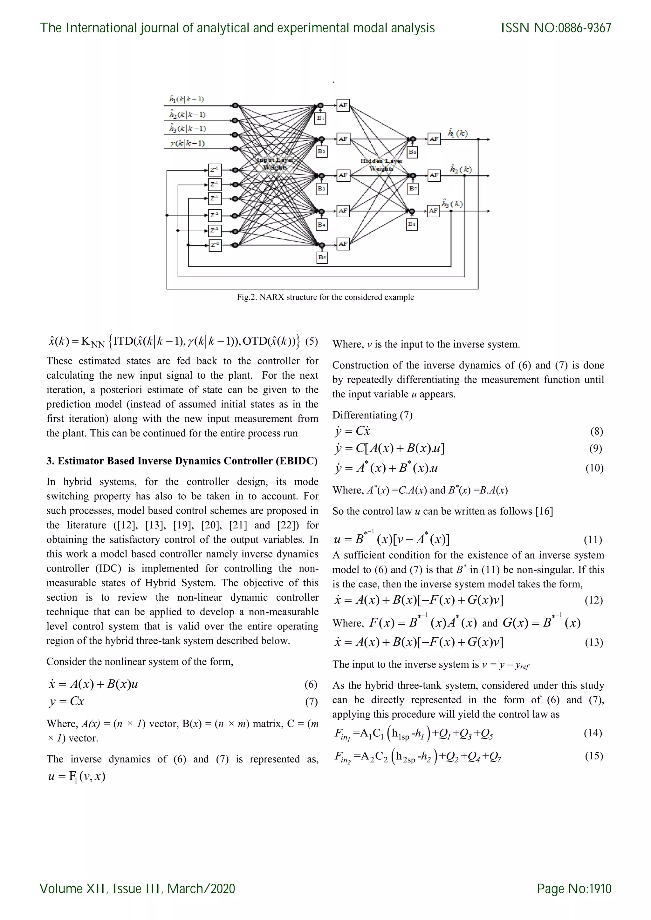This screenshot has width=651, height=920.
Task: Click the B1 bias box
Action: [x=321, y=118]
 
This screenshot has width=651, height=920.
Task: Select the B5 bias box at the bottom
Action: [x=322, y=258]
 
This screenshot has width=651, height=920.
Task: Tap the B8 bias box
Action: [x=412, y=224]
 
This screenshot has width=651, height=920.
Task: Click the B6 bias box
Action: [x=412, y=152]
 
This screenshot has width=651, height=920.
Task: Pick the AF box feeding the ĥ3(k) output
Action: [x=434, y=211]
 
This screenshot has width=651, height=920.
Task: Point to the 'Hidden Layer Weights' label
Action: [x=381, y=165]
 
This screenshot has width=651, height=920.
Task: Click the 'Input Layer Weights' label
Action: [x=275, y=164]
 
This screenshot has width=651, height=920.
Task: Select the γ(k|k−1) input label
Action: [x=187, y=143]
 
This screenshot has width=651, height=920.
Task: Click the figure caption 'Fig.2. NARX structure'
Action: [x=325, y=297]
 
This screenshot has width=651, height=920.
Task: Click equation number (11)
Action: [x=593, y=540]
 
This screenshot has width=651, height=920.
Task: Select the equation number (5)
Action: [x=312, y=342]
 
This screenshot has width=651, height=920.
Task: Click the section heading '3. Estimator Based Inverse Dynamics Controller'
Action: [x=182, y=461]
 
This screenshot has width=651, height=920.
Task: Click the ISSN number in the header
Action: [x=556, y=28]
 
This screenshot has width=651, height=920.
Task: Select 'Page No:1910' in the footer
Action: [x=574, y=889]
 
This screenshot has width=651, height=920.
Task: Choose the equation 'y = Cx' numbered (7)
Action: [x=67, y=701]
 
